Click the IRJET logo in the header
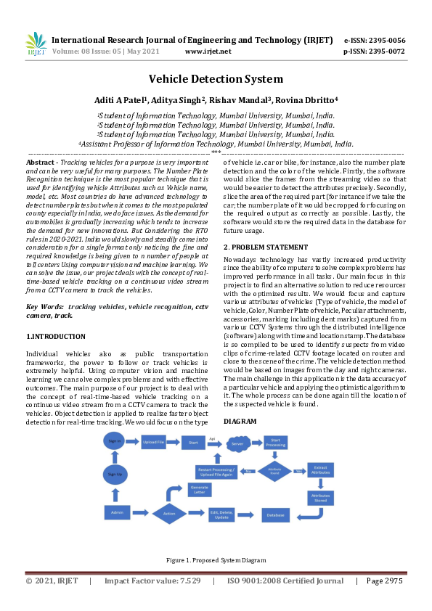[x=36, y=45]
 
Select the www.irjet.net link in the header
[x=208, y=52]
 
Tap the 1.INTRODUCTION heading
[x=56, y=337]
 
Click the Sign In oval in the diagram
[x=114, y=440]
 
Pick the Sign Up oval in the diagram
[x=114, y=473]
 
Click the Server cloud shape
[x=237, y=443]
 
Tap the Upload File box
[x=153, y=441]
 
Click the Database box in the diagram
[x=275, y=514]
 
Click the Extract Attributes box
[x=320, y=469]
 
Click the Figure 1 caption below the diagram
[x=216, y=560]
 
